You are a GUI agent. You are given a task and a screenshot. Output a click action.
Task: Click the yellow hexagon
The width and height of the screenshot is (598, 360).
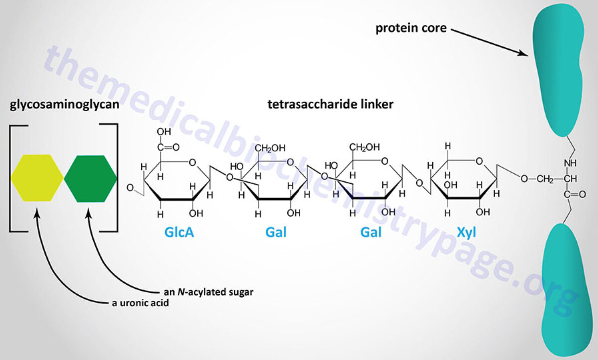(x=37, y=178)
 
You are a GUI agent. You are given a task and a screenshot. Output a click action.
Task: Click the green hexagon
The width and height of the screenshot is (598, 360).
(x=91, y=178)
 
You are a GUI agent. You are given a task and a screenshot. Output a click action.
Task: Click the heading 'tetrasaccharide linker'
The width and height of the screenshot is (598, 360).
(x=309, y=106)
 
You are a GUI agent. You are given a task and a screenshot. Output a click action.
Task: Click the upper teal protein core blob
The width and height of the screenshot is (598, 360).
(x=558, y=70)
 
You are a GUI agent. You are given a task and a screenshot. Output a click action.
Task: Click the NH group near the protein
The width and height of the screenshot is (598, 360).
(x=569, y=163)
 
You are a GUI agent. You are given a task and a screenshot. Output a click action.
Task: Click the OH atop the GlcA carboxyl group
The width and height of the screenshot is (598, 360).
(x=163, y=132)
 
